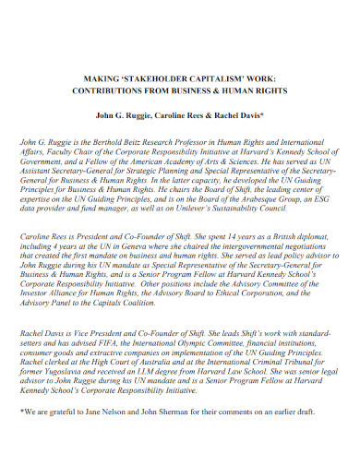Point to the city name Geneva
click(129, 249)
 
